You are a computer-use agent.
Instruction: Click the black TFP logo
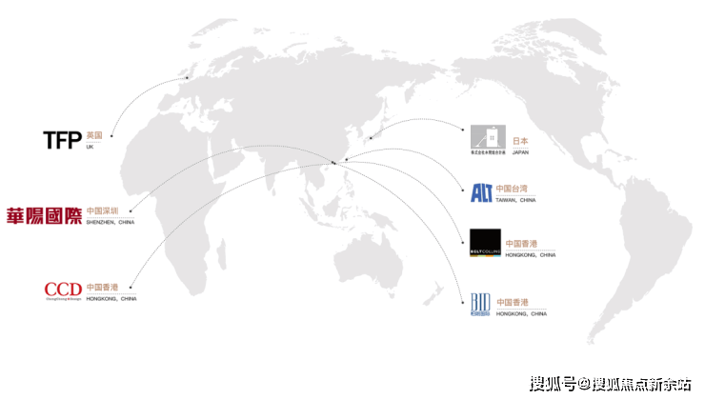coord(62,140)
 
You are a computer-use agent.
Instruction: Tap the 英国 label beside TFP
coord(93,136)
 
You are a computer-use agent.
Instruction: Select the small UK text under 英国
coord(90,148)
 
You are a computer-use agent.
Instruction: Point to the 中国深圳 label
coord(102,210)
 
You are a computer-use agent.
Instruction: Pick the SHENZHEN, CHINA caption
coord(110,222)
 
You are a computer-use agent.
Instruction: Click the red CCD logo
coord(63,289)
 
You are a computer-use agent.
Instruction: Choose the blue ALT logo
coord(482,193)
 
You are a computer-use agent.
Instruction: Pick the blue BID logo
coord(482,304)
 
